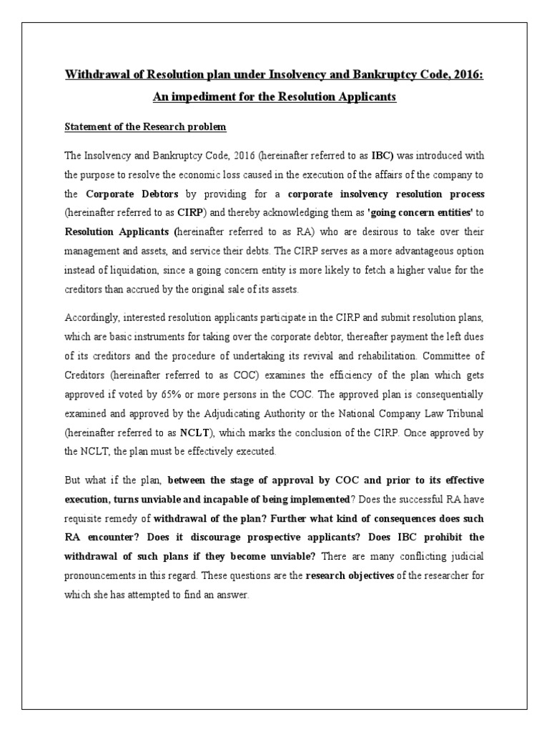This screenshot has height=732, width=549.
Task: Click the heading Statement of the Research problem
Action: click(145, 127)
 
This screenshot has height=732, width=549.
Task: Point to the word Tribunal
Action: click(458, 413)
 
